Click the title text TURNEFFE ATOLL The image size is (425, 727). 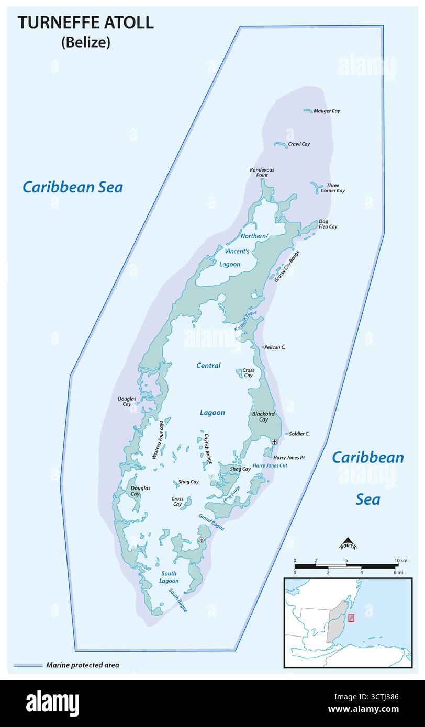(86, 22)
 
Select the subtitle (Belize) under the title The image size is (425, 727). (86, 43)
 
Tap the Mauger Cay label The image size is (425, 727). (327, 111)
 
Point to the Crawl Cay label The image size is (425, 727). (299, 144)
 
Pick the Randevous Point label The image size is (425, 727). (262, 173)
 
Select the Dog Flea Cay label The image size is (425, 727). (328, 224)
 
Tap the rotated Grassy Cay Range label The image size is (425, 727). (287, 266)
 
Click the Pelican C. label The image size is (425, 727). (275, 347)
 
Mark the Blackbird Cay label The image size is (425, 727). (260, 416)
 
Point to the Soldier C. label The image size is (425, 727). (299, 434)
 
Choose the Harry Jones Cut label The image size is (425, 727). (270, 465)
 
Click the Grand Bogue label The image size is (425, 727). (211, 522)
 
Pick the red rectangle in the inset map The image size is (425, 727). (351, 618)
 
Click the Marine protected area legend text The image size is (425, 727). (83, 665)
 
